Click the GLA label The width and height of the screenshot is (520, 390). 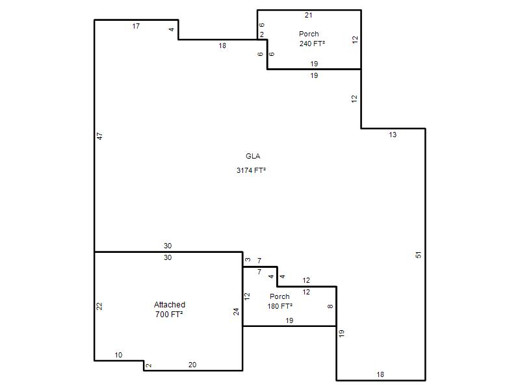point(253,156)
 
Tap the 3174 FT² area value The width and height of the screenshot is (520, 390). point(251,170)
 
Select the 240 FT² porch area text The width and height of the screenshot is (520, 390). point(312,44)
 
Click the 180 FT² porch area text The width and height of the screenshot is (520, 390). point(280,306)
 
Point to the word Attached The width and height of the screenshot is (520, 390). point(170,304)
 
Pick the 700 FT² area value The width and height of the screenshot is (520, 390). point(169,314)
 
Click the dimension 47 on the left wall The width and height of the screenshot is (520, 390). point(100,136)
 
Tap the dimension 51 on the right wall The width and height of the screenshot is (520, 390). point(419,255)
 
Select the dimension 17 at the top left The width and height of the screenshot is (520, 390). point(136,26)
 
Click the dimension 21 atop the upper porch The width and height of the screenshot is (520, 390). point(308,15)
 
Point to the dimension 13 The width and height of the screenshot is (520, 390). point(393,135)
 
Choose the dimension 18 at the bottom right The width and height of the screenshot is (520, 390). point(380,374)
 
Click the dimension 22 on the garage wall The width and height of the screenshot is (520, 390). point(99,306)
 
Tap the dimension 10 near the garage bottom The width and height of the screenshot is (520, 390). point(118,355)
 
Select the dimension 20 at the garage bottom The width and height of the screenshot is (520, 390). point(192,365)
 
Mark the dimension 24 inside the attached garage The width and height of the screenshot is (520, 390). point(236,312)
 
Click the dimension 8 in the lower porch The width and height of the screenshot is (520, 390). point(330,306)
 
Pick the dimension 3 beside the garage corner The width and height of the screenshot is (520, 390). point(248,259)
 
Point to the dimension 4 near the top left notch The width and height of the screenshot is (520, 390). point(172,29)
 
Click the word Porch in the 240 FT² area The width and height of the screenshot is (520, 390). point(309,34)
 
